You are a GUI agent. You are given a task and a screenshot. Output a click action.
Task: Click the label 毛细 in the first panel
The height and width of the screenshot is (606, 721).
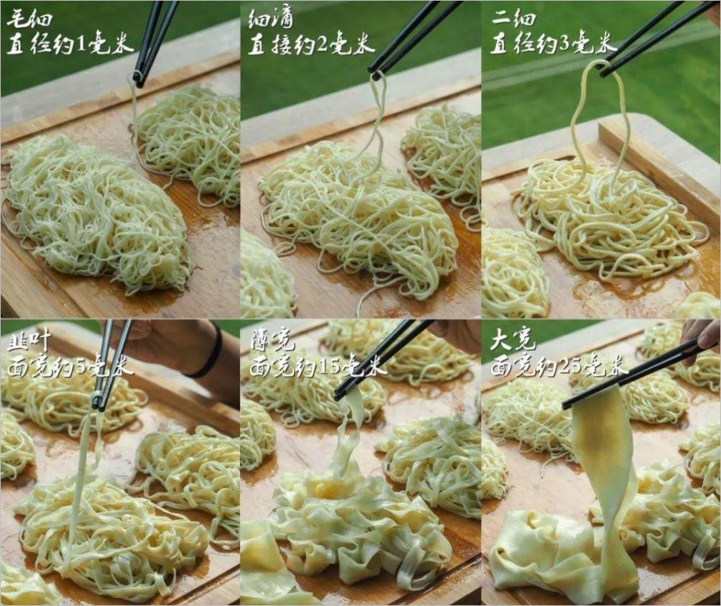pos(29,19)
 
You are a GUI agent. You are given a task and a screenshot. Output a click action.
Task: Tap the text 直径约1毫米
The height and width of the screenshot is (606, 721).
pos(70,45)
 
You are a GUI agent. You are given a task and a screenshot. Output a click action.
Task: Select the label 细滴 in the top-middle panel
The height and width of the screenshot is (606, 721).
pos(270,19)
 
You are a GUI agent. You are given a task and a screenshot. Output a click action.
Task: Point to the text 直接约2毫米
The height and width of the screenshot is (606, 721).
pos(312,45)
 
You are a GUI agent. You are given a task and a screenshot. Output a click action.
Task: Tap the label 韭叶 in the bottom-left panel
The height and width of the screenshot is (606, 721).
pos(29,344)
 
